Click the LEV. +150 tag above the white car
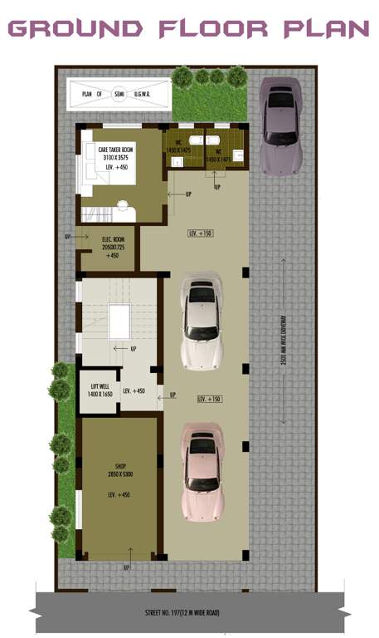click(x=201, y=233)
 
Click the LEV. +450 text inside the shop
click(x=121, y=495)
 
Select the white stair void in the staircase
click(x=119, y=321)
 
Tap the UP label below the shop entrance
click(x=126, y=568)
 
